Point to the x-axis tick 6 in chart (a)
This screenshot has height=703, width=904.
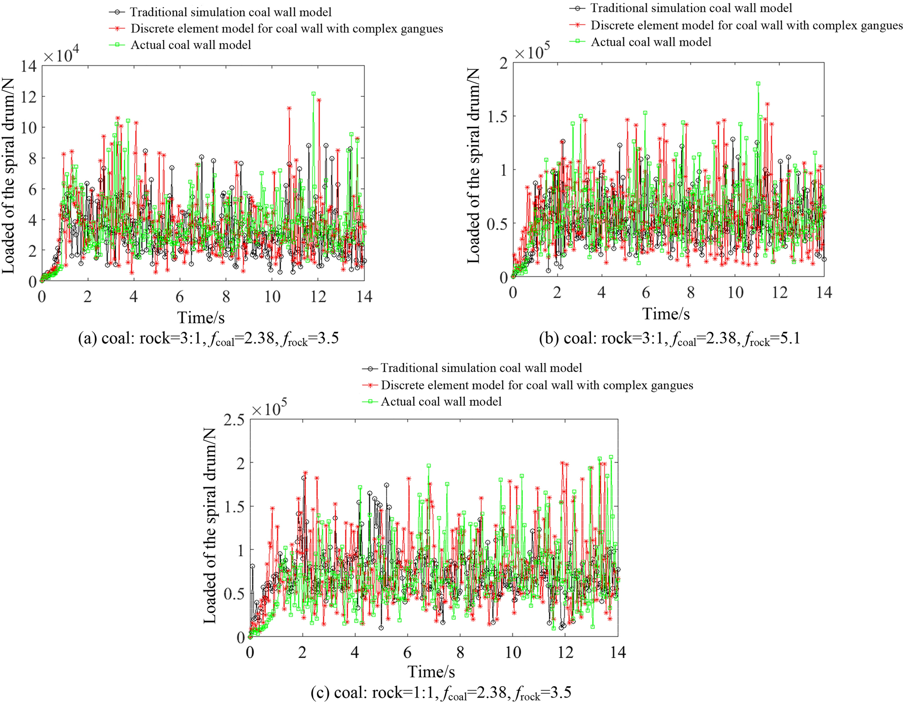click(x=180, y=297)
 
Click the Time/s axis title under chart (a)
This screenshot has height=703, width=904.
click(x=201, y=317)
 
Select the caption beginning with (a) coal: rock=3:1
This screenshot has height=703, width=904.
click(x=209, y=339)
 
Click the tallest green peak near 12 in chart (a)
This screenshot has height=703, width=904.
click(x=313, y=94)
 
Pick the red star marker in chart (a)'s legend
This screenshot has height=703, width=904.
click(x=117, y=28)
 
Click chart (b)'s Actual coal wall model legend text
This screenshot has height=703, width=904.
click(x=651, y=42)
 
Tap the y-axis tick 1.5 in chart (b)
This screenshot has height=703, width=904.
click(x=497, y=116)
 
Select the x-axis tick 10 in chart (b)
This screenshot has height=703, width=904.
click(x=735, y=293)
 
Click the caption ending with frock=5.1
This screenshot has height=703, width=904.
click(x=669, y=339)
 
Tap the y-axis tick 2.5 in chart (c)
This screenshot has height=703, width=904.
click(x=234, y=420)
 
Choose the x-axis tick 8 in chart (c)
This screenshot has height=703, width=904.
click(x=460, y=653)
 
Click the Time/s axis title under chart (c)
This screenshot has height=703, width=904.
click(x=431, y=671)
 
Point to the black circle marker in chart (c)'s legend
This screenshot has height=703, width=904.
click(x=371, y=368)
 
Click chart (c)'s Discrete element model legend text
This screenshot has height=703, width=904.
click(x=536, y=385)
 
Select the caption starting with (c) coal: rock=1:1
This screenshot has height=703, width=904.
click(x=441, y=693)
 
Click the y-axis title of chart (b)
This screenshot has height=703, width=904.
click(x=474, y=165)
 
